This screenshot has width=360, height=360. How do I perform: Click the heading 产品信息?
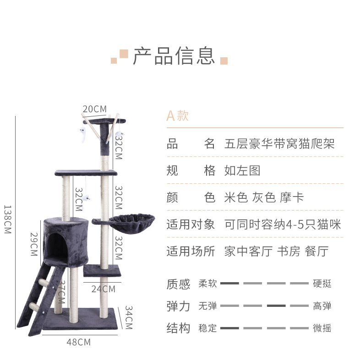pyautogui.click(x=174, y=56)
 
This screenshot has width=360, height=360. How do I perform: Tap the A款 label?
pyautogui.click(x=177, y=115)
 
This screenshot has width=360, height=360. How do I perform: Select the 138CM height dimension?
pyautogui.click(x=7, y=219)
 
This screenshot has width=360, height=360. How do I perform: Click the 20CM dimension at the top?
pyautogui.click(x=94, y=109)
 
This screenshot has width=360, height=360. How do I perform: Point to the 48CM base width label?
pyautogui.click(x=78, y=342)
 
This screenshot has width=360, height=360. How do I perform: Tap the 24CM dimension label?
pyautogui.click(x=103, y=289)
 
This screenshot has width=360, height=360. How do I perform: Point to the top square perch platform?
pyautogui.click(x=104, y=121)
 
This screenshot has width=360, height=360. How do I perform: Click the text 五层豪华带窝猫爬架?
pyautogui.click(x=279, y=144)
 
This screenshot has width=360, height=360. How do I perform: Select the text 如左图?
pyautogui.click(x=242, y=171)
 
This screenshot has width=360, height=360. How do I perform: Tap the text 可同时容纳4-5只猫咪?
pyautogui.click(x=283, y=224)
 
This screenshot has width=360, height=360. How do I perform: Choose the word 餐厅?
pyautogui.click(x=316, y=251)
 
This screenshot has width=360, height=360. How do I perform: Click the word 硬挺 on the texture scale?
pyautogui.click(x=322, y=284)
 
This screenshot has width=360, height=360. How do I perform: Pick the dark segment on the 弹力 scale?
pyautogui.click(x=276, y=305)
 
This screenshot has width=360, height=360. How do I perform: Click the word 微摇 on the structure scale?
pyautogui.click(x=322, y=328)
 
